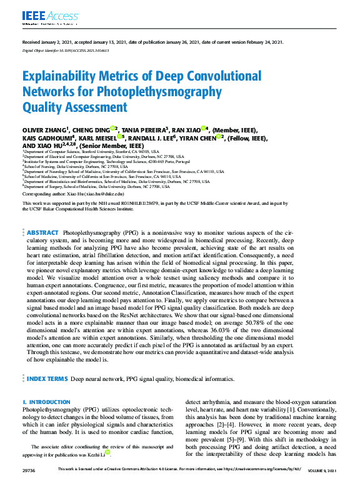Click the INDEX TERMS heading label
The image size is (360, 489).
[46, 378]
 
